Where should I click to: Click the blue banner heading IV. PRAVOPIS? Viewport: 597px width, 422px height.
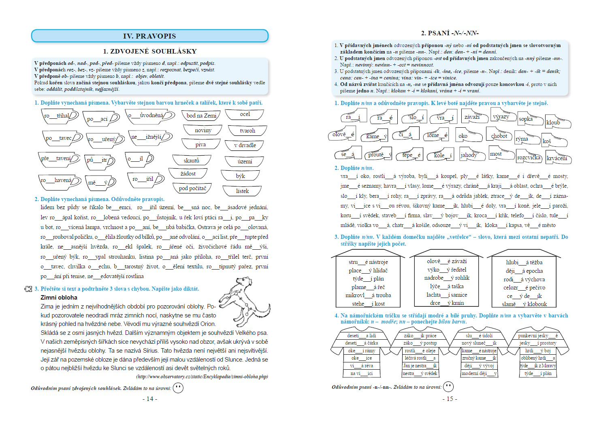pyautogui.click(x=149, y=36)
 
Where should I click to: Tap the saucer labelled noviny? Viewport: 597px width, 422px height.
pyautogui.click(x=203, y=130)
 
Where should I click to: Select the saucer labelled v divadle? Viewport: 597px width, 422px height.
pyautogui.click(x=245, y=145)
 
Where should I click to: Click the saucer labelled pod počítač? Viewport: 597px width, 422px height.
pyautogui.click(x=192, y=188)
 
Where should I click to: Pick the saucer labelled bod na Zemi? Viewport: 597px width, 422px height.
pyautogui.click(x=201, y=116)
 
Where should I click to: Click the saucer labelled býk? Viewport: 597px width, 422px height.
pyautogui.click(x=241, y=176)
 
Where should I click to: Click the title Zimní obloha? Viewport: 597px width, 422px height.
pyautogui.click(x=59, y=297)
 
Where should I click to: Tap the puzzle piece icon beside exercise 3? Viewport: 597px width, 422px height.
pyautogui.click(x=28, y=289)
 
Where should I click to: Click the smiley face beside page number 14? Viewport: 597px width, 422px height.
pyautogui.click(x=178, y=388)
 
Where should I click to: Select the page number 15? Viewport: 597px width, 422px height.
pyautogui.click(x=450, y=398)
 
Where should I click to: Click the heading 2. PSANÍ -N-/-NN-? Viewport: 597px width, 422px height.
pyautogui.click(x=450, y=33)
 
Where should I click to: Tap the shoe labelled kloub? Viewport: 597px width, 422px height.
pyautogui.click(x=557, y=122)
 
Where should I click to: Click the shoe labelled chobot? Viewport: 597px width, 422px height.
pyautogui.click(x=499, y=135)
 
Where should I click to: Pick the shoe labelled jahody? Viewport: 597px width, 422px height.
pyautogui.click(x=470, y=155)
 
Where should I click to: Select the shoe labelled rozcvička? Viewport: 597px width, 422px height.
pyautogui.click(x=529, y=156)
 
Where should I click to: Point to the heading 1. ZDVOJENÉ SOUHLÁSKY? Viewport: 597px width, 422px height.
pyautogui.click(x=149, y=51)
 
